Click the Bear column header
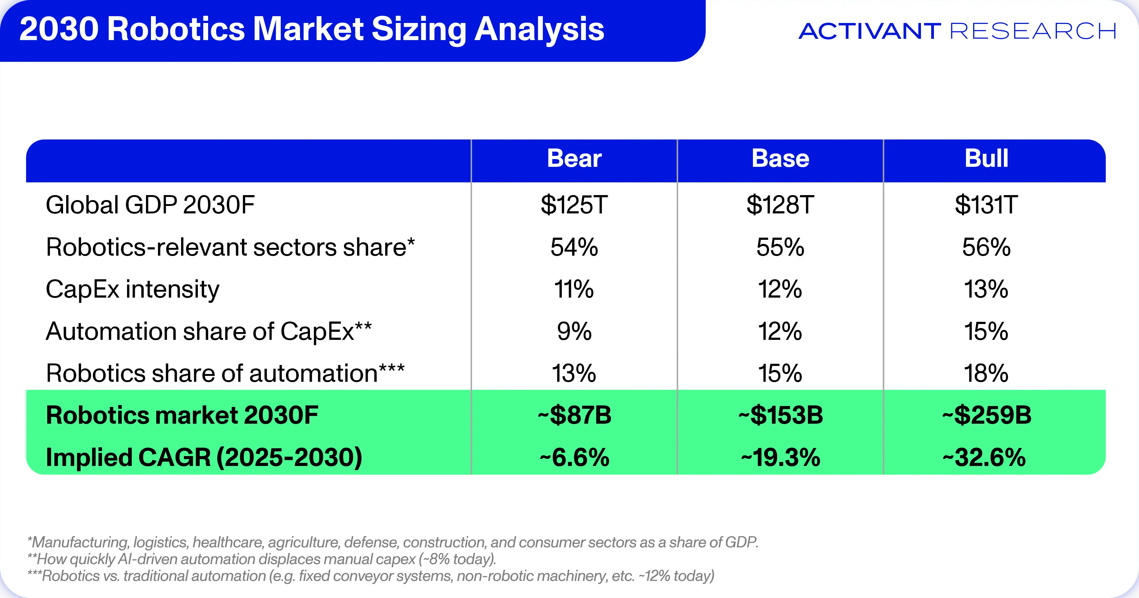[574, 158]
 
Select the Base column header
[781, 158]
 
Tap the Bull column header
[986, 158]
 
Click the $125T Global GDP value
[574, 205]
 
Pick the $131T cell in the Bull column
[986, 205]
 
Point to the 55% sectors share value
[781, 247]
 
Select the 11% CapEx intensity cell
[574, 289]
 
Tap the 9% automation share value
[574, 331]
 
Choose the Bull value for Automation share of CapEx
[986, 331]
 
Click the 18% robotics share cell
[986, 373]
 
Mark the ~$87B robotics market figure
[574, 415]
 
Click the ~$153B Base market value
[781, 415]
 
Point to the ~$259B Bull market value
[986, 415]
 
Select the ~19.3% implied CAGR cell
[781, 457]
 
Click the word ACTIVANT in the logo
[869, 31]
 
